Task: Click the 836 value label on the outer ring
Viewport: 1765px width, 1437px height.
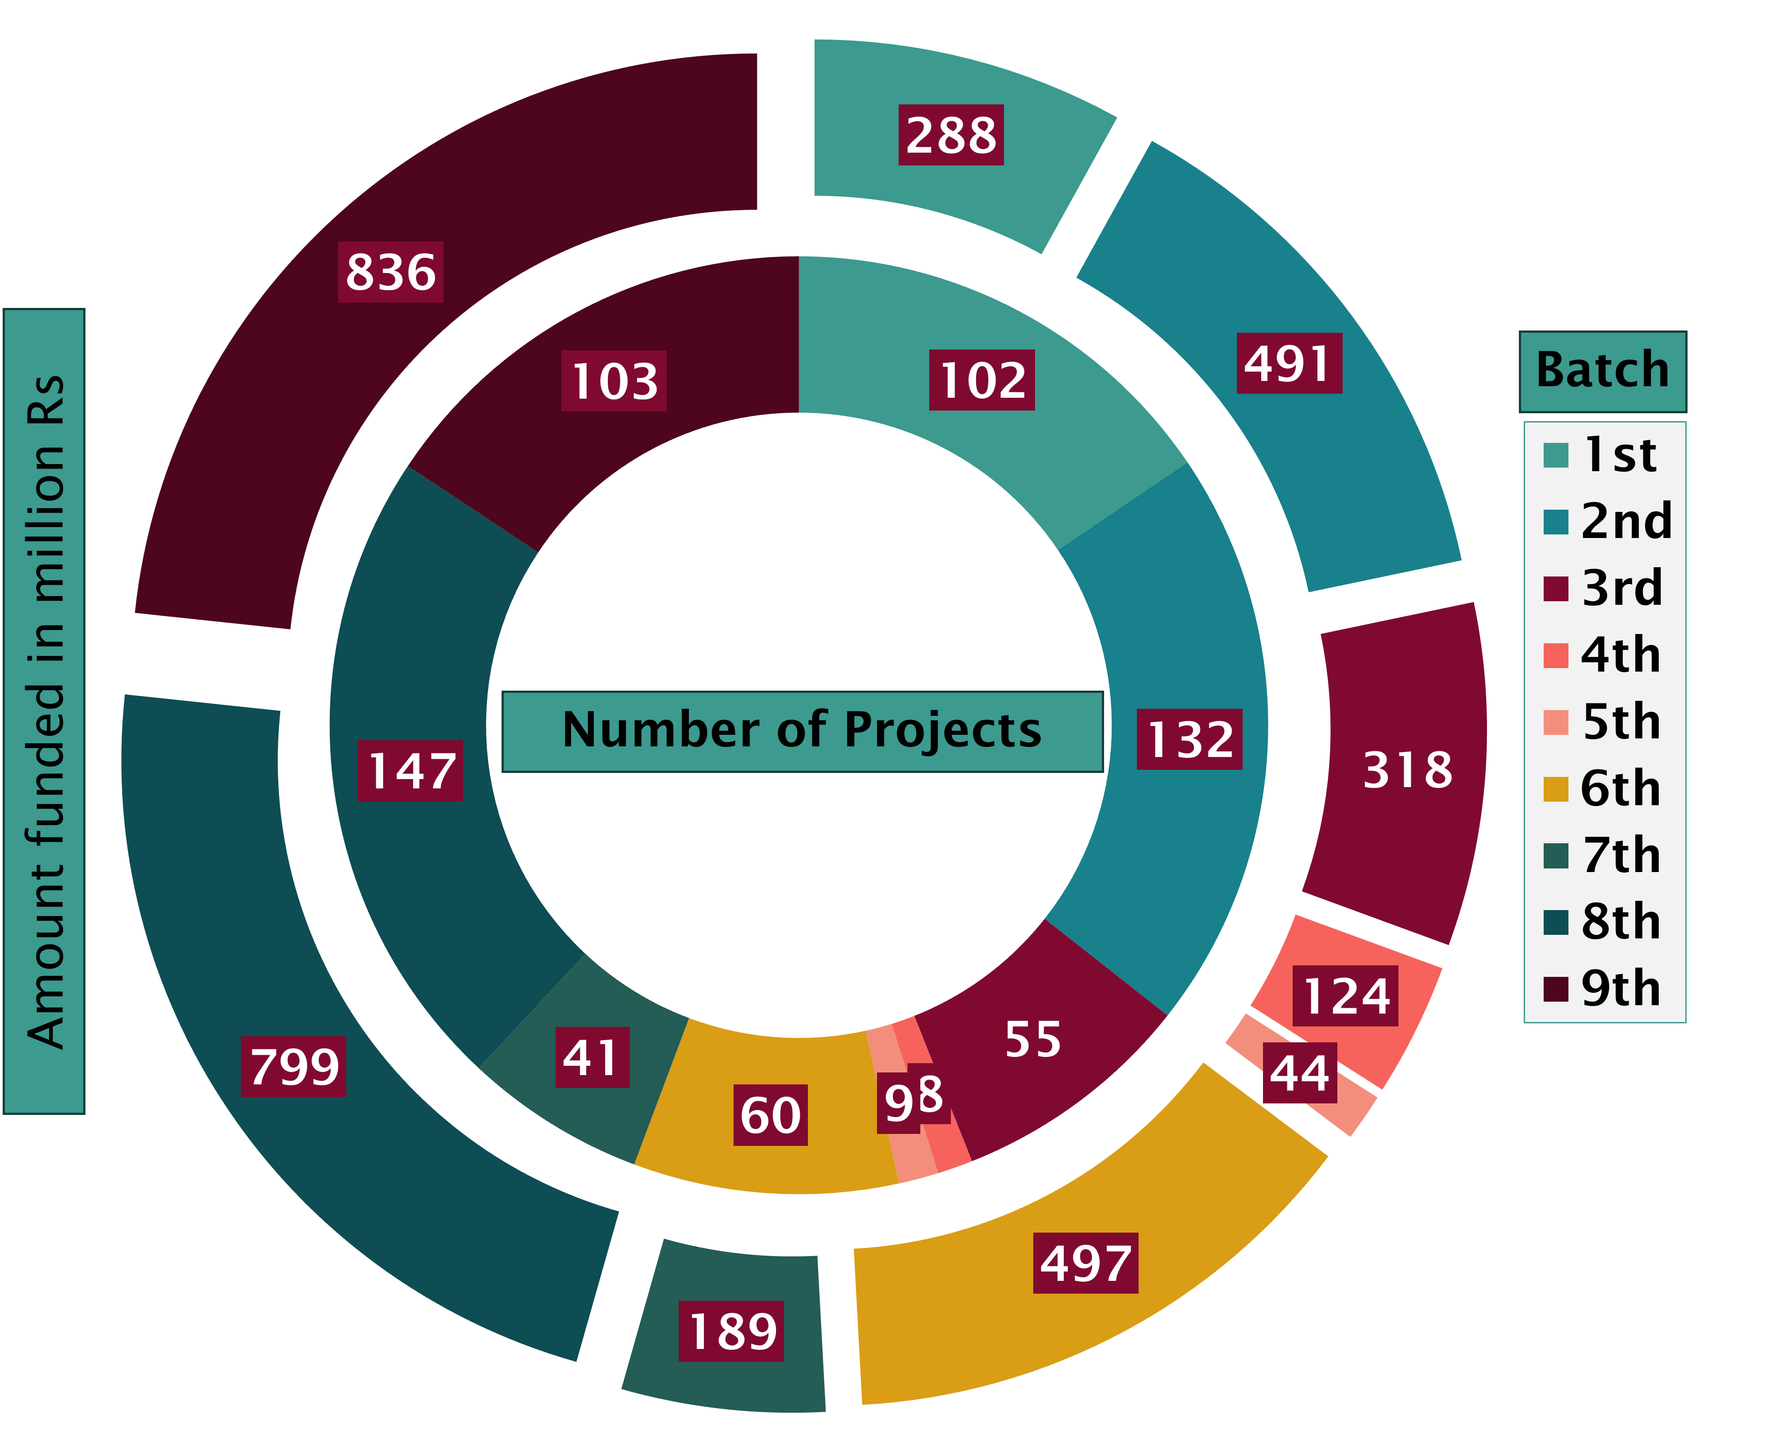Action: [x=391, y=273]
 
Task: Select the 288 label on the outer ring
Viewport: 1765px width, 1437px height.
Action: [x=951, y=135]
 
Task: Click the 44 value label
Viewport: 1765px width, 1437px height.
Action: [x=1300, y=1073]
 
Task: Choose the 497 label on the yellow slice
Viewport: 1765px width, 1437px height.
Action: [x=1085, y=1263]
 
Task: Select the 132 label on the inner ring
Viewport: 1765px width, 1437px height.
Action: [x=1190, y=739]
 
